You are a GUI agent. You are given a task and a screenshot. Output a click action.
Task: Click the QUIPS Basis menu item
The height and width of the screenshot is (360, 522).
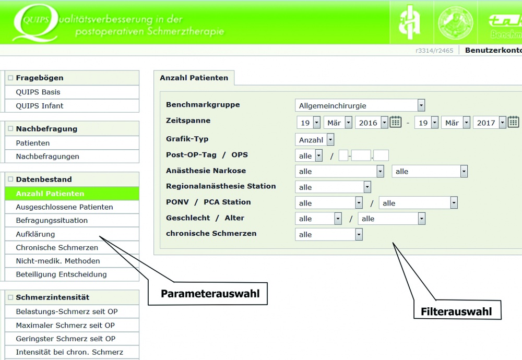click(38, 92)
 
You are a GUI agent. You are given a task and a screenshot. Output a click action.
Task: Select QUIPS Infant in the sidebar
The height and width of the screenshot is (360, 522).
click(40, 106)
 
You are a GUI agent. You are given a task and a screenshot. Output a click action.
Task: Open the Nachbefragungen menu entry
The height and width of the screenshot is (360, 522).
click(48, 157)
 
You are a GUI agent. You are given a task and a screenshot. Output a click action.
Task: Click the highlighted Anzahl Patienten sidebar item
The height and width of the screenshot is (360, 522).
click(50, 194)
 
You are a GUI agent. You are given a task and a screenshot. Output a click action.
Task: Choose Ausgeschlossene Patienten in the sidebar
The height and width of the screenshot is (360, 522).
click(64, 207)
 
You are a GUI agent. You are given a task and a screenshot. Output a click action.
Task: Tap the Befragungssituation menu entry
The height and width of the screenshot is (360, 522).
click(52, 221)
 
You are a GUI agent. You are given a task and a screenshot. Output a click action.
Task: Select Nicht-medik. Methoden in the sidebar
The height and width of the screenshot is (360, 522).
click(58, 261)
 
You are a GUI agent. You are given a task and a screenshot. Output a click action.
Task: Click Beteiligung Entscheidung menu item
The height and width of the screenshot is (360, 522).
click(61, 274)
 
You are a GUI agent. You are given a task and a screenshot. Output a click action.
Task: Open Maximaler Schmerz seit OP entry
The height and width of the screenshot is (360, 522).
click(65, 326)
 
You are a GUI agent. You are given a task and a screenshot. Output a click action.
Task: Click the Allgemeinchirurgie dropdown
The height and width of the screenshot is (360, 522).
click(360, 105)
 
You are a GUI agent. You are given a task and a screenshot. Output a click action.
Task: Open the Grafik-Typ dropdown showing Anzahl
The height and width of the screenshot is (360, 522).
click(314, 140)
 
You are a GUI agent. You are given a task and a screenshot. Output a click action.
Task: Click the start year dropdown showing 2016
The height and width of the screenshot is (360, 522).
click(372, 123)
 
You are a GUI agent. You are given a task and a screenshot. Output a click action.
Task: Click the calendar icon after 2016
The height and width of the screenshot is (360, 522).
click(396, 122)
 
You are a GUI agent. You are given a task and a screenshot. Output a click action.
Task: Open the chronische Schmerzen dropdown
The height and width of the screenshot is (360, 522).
click(328, 235)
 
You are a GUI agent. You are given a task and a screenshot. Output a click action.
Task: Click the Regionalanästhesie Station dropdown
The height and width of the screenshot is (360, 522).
click(333, 187)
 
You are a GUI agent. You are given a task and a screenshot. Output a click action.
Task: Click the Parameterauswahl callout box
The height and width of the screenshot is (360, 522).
click(210, 294)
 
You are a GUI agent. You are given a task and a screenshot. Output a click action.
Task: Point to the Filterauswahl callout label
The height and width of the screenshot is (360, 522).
click(456, 311)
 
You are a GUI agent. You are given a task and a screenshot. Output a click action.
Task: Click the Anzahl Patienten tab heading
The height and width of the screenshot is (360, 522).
click(194, 78)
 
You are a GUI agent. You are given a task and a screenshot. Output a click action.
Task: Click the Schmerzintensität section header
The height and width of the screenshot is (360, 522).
click(52, 297)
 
